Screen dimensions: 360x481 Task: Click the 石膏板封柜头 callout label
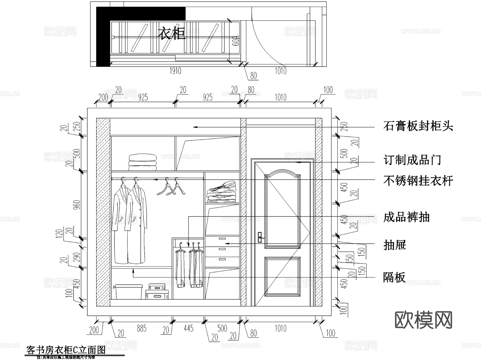pyautogui.click(x=418, y=126)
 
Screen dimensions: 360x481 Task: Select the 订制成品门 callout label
pyautogui.click(x=412, y=160)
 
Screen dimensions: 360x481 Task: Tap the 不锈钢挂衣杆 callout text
pyautogui.click(x=418, y=181)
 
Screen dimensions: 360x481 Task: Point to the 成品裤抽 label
pyautogui.click(x=406, y=217)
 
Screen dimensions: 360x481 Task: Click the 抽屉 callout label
pyautogui.click(x=395, y=245)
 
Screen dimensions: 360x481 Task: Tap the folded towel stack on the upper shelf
pyautogui.click(x=142, y=162)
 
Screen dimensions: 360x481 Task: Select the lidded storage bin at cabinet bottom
pyautogui.click(x=128, y=291)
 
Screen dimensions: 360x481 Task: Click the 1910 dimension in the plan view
pyautogui.click(x=175, y=71)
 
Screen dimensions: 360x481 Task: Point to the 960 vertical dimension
pyautogui.click(x=77, y=205)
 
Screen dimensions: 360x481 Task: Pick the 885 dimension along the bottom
pyautogui.click(x=142, y=329)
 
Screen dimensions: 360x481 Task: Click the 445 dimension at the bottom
pyautogui.click(x=188, y=328)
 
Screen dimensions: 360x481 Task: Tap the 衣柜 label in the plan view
pyautogui.click(x=171, y=34)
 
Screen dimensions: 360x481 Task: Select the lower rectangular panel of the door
pyautogui.click(x=282, y=277)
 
